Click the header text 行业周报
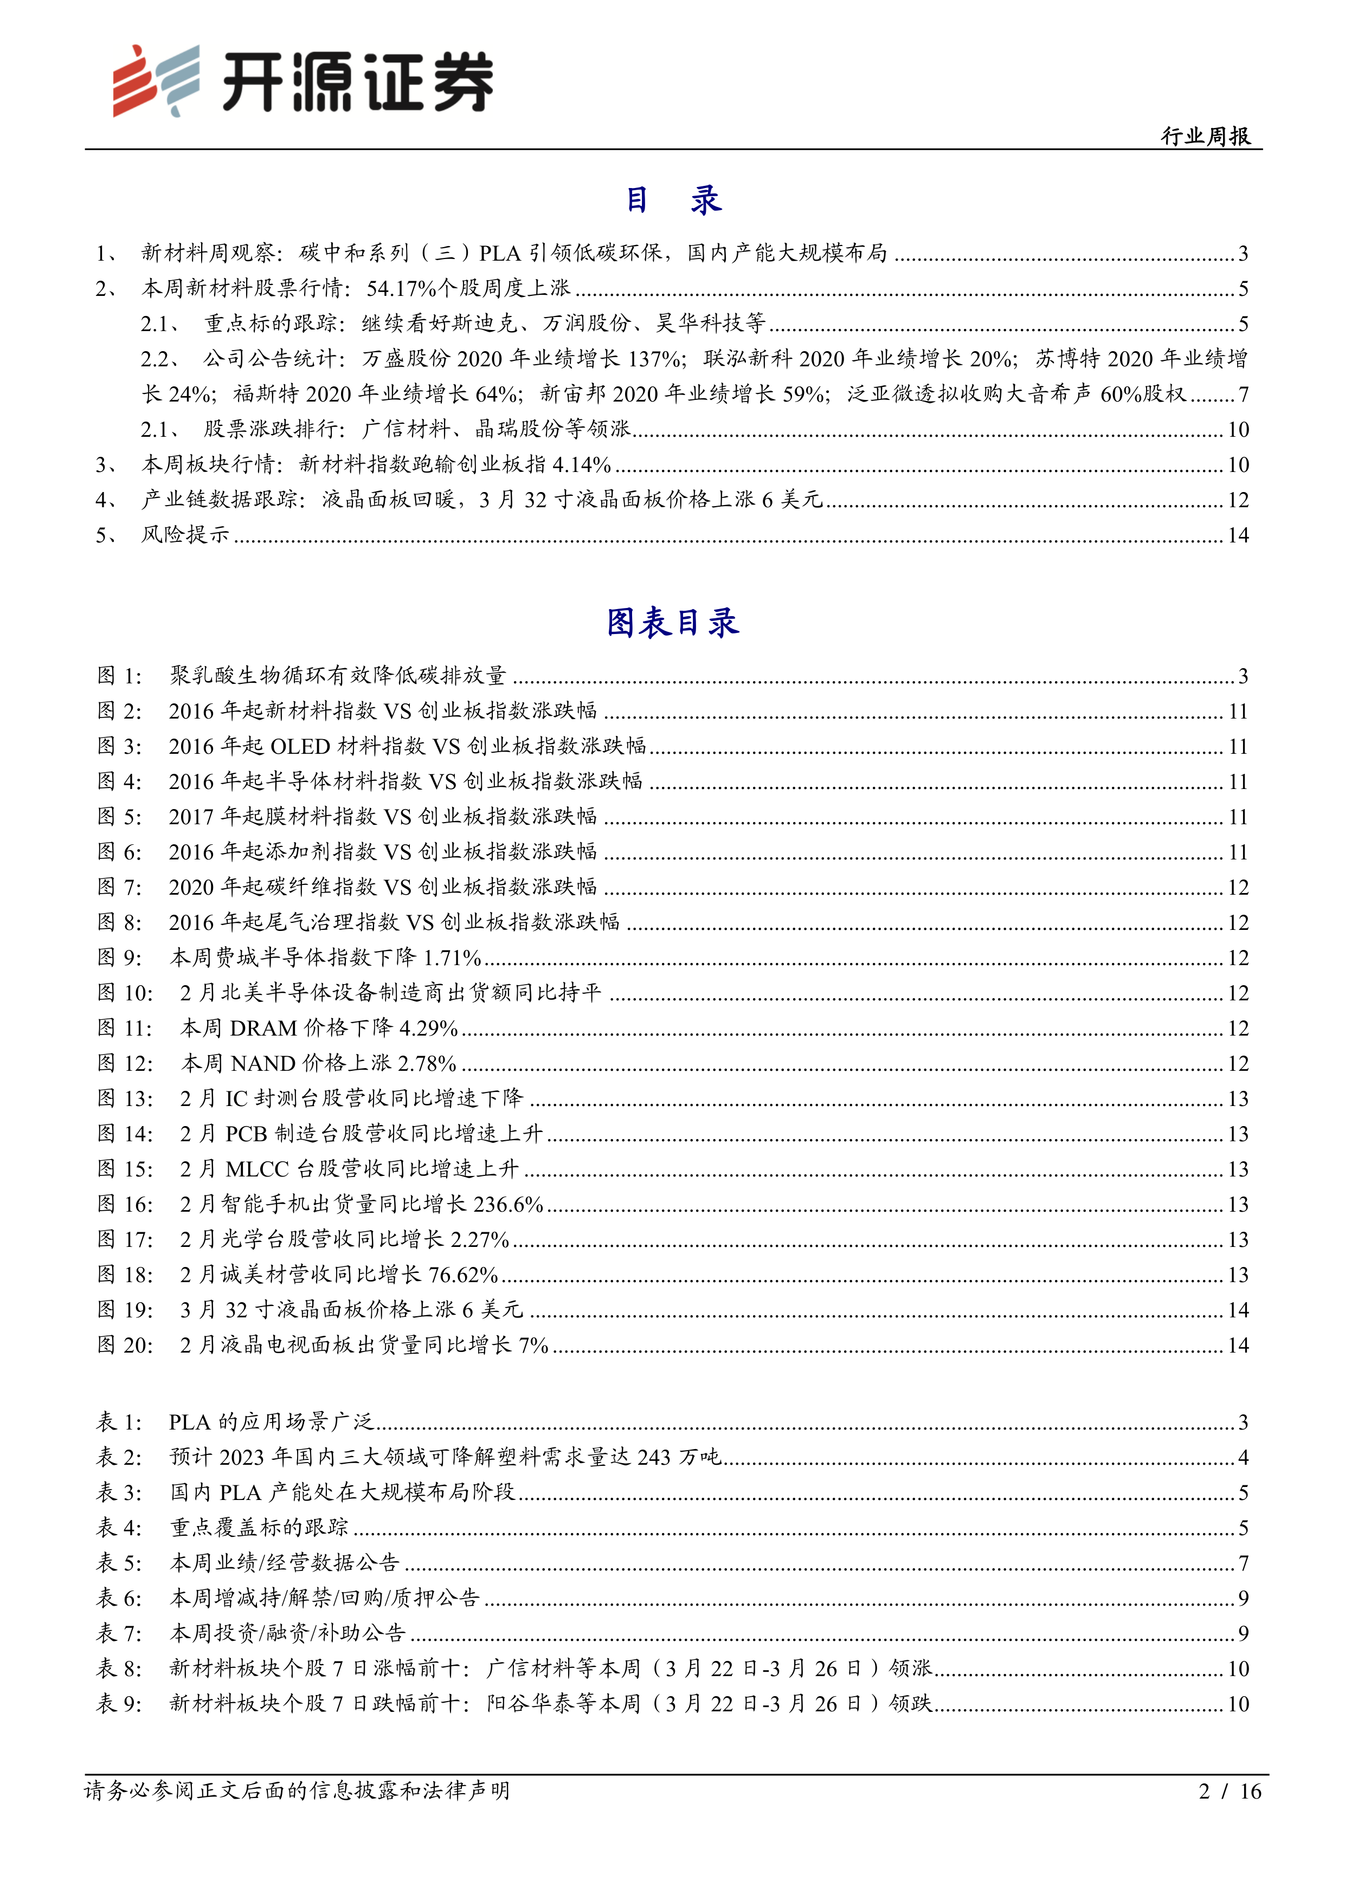coord(1205,137)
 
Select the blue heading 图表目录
coord(672,623)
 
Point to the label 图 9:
coord(120,958)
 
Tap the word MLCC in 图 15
coord(257,1169)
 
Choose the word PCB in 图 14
coord(246,1134)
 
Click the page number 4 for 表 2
coord(1243,1457)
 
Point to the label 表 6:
coord(120,1598)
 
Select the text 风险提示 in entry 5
coord(185,535)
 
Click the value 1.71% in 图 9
coord(452,958)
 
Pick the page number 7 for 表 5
coord(1243,1563)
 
